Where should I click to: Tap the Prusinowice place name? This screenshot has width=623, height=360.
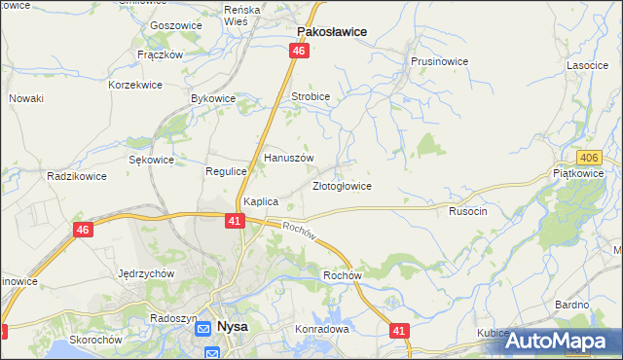pos(439,61)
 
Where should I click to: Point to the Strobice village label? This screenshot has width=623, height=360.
pos(311,97)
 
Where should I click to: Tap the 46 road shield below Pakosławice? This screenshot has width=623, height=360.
pos(299,52)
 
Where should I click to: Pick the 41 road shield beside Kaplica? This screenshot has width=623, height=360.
pos(234,221)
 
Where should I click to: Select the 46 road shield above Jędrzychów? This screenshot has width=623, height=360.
pos(83,230)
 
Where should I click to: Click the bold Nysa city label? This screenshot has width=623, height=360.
pos(232,327)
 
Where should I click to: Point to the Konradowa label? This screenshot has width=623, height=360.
pos(322,329)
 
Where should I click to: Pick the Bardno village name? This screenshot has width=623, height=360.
pos(572,305)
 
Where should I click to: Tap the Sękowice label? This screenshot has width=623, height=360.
pos(151,160)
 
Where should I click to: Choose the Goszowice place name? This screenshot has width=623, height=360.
pos(175,26)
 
